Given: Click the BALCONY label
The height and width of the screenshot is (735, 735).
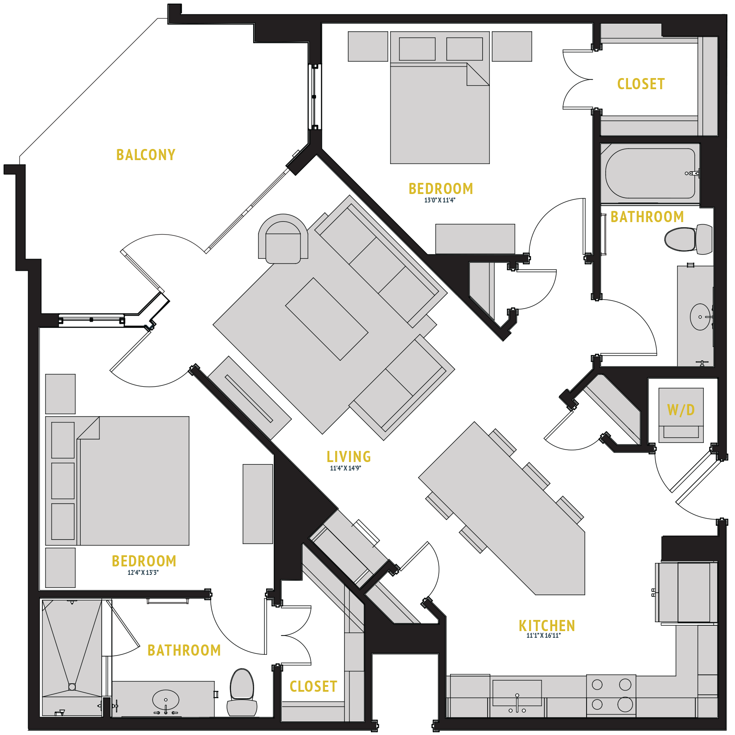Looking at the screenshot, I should [146, 155].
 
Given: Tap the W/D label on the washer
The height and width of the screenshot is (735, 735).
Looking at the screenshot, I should [681, 410].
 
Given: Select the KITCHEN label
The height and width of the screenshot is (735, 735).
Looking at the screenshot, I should [546, 625].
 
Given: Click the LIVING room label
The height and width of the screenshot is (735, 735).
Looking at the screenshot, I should [349, 456].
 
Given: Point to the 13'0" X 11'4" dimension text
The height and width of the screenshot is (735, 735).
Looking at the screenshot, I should [439, 200].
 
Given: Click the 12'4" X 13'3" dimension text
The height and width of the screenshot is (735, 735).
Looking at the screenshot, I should [143, 573].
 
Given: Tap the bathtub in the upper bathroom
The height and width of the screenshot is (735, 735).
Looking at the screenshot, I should [650, 173].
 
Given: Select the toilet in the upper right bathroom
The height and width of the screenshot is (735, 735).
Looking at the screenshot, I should [687, 239].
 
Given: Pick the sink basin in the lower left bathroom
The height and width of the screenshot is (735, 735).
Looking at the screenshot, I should [166, 699].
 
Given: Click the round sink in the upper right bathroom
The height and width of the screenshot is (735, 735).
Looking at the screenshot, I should [700, 317].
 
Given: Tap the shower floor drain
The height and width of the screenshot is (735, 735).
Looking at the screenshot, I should [72, 687].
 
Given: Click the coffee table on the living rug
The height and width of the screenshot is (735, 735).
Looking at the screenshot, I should [327, 319].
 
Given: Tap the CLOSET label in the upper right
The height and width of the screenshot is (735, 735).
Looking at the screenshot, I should [641, 84].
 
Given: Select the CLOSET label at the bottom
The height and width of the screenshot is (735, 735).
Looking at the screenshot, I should [313, 686].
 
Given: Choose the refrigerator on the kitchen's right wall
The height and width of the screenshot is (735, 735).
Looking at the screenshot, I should [686, 592].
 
